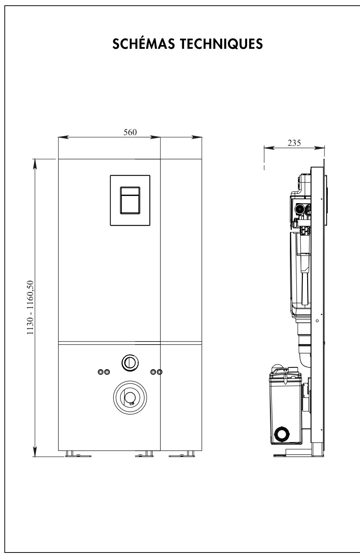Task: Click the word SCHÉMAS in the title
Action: (144, 44)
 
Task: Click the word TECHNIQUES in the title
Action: (221, 44)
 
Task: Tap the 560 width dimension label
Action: (130, 132)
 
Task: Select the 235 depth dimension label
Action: (294, 143)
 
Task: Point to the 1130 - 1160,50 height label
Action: (30, 308)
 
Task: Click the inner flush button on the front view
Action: (130, 200)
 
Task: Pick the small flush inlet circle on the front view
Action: (130, 363)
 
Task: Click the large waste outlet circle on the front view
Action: (130, 397)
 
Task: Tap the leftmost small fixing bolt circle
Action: (100, 372)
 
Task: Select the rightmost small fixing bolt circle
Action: (160, 372)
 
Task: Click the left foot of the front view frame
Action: (78, 454)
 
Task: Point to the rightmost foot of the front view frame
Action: (182, 454)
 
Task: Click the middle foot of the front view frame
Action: (144, 454)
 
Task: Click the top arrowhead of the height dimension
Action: (35, 164)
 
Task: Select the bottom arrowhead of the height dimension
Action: (35, 451)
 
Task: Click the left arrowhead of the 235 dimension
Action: (269, 148)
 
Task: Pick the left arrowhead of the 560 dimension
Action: (63, 137)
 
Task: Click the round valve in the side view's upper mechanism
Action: (300, 209)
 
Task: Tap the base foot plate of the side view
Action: (298, 455)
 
